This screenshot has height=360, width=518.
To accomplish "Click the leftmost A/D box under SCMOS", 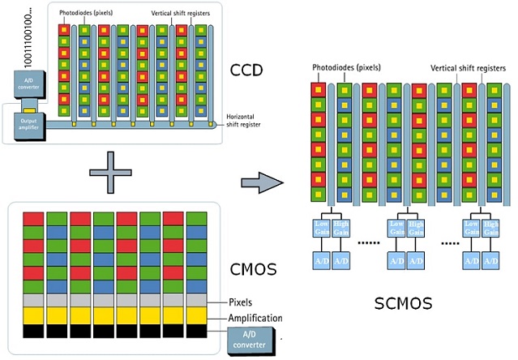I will click(x=322, y=261).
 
